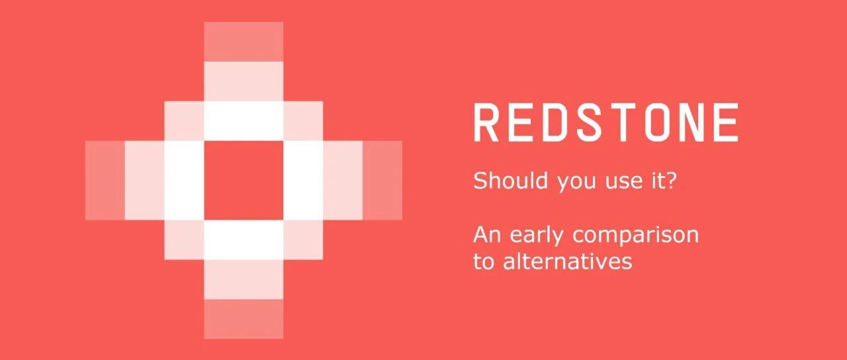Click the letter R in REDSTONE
point(486,122)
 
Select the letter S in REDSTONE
point(589,122)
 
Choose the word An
point(487,235)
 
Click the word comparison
point(636,237)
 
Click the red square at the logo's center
point(244,181)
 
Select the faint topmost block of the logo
point(244,42)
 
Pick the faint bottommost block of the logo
point(244,319)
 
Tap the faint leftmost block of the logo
point(105,181)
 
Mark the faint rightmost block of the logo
point(382,181)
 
